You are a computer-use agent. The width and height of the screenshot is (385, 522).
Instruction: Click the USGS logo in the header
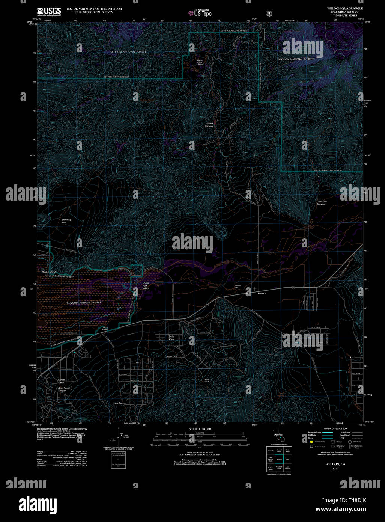coord(49,11)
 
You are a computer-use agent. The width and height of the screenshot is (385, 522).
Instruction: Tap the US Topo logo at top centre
coord(200,13)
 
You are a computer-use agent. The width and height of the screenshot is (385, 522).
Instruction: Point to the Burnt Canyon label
coord(209,125)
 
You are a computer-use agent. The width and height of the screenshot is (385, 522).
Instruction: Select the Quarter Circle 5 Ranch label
coord(200,62)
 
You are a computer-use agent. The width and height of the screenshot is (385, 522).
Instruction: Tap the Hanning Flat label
coord(66,221)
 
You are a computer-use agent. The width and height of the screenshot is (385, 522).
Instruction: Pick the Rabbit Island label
coord(49,272)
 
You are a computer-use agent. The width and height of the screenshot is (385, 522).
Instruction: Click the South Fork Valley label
coord(145,285)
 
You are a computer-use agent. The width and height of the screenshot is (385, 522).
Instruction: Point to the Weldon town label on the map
coord(262,293)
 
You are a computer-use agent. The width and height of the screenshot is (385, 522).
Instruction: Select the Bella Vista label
coord(171,338)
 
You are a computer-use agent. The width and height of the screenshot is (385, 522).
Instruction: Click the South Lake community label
coord(61,381)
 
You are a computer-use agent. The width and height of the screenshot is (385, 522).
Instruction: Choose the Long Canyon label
coord(119,403)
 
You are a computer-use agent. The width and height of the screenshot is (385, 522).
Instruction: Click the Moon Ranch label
coord(207,380)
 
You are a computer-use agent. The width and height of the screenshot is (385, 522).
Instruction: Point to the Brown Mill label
coord(238,287)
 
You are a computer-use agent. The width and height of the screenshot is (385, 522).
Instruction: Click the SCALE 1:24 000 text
coord(200,429)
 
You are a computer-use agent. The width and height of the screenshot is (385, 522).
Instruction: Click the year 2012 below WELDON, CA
coord(330,468)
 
